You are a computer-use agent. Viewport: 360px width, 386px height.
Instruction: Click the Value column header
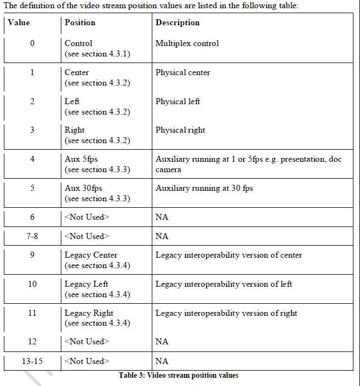point(19,23)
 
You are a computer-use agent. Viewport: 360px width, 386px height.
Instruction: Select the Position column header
point(79,23)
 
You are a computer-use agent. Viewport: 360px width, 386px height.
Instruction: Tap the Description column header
point(177,23)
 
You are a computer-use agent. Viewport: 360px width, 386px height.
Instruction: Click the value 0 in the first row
point(32,43)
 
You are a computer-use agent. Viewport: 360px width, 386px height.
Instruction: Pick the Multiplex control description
point(187,43)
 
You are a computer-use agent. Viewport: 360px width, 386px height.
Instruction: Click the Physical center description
point(182,72)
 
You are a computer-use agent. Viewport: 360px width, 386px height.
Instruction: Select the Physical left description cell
point(178,101)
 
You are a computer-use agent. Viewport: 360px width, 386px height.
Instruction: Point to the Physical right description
point(180,130)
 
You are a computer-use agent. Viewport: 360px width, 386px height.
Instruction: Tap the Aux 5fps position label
point(79,159)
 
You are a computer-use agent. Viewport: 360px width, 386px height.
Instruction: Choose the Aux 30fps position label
point(83,188)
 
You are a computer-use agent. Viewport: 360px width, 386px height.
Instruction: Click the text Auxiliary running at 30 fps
point(204,188)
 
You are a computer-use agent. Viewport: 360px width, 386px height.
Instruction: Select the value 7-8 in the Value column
point(32,236)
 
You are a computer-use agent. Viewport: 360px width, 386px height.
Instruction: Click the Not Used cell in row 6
point(87,217)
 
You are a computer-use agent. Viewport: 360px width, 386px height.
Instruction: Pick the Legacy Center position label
point(91,255)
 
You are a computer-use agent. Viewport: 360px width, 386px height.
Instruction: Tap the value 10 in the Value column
point(32,284)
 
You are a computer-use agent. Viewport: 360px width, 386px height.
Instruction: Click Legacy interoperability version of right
point(226,313)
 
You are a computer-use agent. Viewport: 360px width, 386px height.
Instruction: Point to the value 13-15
point(32,361)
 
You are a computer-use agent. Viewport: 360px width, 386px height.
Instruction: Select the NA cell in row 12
point(162,342)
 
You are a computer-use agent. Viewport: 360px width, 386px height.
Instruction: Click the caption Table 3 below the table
point(179,376)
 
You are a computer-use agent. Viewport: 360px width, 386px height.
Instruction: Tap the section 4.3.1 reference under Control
point(97,54)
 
